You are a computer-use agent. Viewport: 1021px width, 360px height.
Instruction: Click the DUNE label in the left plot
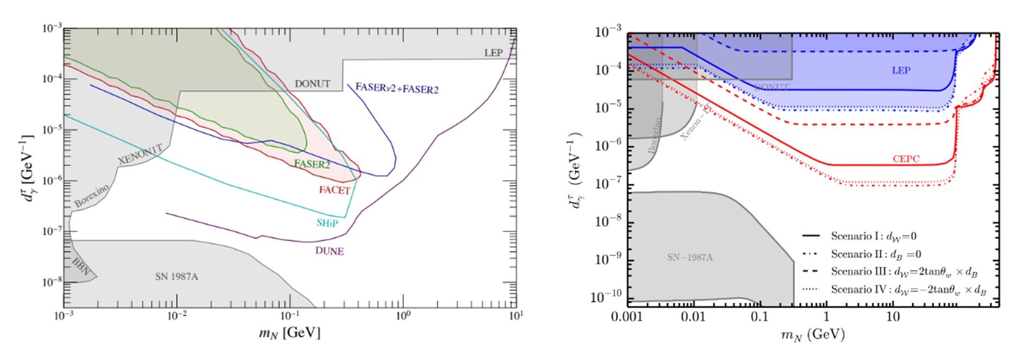click(x=329, y=251)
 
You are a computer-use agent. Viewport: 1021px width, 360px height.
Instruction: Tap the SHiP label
click(x=327, y=223)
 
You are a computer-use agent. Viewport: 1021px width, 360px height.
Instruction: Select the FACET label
click(x=334, y=190)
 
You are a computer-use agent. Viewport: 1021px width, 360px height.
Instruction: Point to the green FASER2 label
click(x=312, y=164)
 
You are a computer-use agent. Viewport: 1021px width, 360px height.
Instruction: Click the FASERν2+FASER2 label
click(x=396, y=88)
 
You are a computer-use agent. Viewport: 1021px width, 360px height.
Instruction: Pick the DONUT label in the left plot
click(x=312, y=84)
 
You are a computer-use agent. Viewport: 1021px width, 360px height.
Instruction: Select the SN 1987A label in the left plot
click(x=177, y=277)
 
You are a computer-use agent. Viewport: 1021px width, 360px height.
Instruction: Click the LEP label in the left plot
click(x=494, y=53)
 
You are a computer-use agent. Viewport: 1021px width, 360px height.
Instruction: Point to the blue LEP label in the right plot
click(x=901, y=70)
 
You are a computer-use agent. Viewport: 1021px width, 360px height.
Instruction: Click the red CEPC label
click(x=906, y=159)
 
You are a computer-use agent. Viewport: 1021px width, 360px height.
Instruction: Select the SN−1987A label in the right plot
click(x=689, y=257)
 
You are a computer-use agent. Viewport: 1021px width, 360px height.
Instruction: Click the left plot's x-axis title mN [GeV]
click(x=289, y=332)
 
